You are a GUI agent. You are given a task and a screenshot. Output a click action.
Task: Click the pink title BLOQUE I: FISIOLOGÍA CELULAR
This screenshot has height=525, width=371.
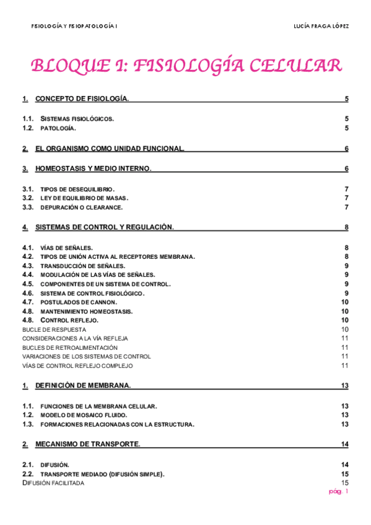[185, 66]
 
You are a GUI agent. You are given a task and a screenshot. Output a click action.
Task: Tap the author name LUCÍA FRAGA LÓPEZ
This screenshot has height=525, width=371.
[320, 26]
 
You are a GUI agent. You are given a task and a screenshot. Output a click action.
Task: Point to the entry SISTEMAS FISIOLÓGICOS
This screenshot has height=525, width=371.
[77, 119]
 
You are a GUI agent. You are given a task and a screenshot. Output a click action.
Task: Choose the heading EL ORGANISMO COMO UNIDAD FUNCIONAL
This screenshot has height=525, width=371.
[110, 149]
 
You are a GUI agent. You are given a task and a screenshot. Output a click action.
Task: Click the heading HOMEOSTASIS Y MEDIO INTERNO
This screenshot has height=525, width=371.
[94, 168]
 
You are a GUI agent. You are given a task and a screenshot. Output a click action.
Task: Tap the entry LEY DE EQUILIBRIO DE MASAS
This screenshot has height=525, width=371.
[84, 198]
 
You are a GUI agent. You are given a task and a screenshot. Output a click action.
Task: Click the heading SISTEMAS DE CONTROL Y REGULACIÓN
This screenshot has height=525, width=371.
[105, 227]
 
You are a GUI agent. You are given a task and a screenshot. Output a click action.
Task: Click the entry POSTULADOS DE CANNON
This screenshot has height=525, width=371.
[78, 302]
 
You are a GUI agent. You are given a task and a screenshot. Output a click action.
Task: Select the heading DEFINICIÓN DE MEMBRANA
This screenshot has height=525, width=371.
[83, 386]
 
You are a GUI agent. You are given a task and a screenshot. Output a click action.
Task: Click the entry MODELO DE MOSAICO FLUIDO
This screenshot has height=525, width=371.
[84, 415]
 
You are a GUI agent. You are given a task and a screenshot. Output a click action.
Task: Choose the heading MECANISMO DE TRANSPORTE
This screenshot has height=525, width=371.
[87, 444]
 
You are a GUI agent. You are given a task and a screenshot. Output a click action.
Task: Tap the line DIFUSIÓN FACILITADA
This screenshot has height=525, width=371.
[53, 483]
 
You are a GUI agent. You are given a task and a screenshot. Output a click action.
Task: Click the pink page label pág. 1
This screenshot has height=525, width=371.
[339, 492]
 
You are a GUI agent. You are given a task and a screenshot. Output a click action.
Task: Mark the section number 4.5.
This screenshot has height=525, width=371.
[28, 284]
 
